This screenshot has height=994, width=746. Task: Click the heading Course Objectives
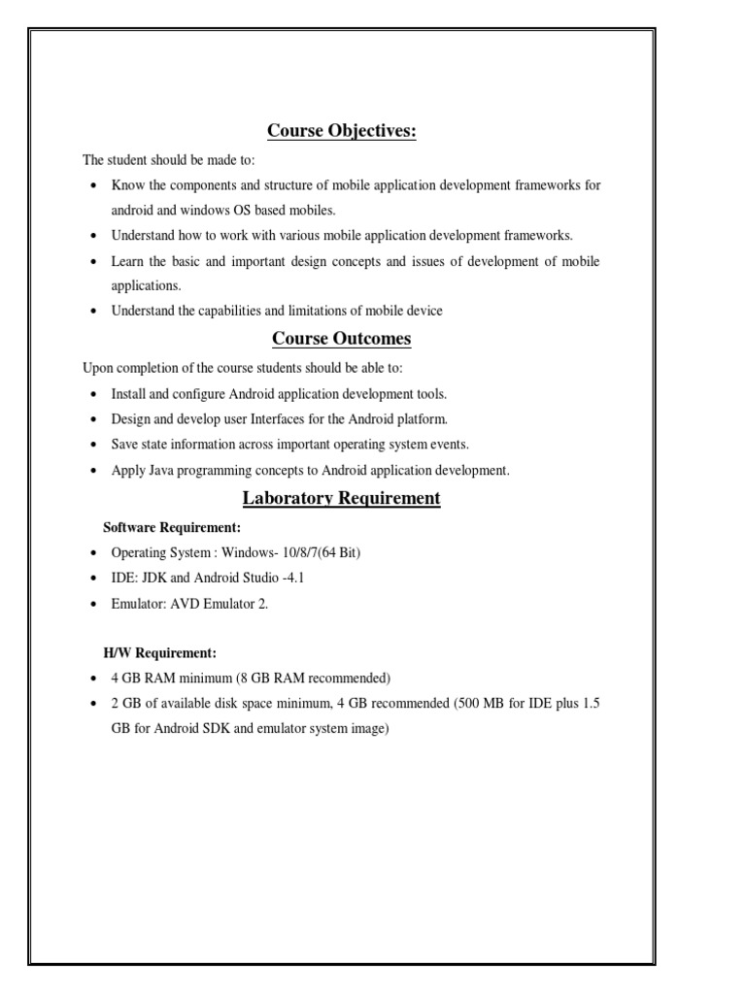(x=342, y=131)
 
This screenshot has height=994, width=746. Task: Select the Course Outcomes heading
(x=341, y=339)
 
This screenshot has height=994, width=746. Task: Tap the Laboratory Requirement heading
(x=341, y=498)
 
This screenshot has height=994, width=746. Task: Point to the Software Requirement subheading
(x=172, y=527)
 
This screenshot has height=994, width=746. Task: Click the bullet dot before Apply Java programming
(x=92, y=471)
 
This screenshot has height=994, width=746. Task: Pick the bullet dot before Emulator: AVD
(x=92, y=603)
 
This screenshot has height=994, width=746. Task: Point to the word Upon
(x=98, y=369)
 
